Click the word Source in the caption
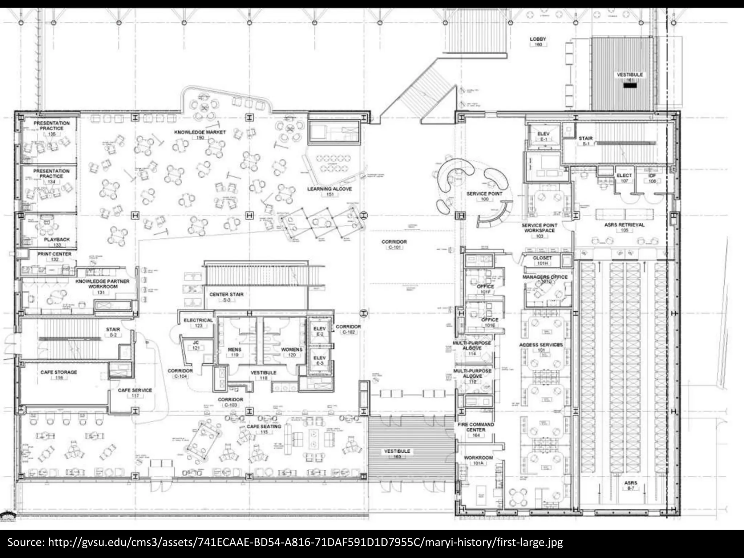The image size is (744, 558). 26,542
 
